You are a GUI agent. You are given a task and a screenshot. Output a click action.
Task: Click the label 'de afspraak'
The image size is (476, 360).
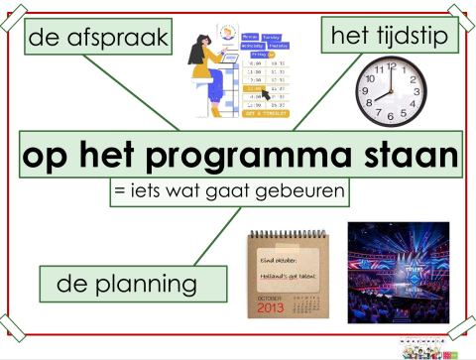(95, 40)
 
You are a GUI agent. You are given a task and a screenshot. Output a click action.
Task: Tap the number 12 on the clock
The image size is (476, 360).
(392, 64)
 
